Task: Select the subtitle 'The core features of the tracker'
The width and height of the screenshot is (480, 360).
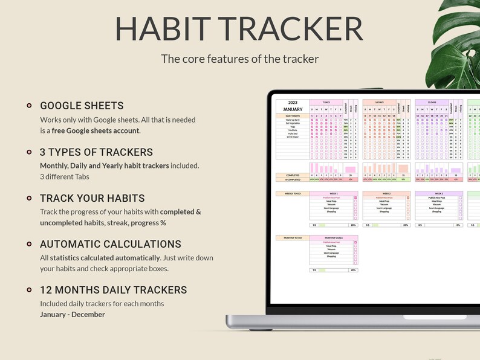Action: click(239, 59)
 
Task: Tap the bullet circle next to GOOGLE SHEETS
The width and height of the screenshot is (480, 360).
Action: click(29, 106)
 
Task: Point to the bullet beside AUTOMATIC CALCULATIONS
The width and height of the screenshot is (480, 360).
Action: click(29, 244)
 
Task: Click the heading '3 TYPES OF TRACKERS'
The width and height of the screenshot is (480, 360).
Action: click(96, 152)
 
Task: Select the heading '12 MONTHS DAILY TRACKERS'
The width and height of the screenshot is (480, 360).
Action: click(113, 290)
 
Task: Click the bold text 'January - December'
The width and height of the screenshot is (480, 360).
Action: click(73, 314)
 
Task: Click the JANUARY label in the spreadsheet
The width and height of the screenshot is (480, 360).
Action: click(293, 109)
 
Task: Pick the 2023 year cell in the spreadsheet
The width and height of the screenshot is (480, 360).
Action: click(293, 103)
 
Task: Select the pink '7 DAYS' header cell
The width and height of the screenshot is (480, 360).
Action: click(326, 103)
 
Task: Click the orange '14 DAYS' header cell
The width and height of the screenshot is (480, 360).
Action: click(378, 103)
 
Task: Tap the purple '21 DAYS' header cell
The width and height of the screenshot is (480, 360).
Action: click(431, 103)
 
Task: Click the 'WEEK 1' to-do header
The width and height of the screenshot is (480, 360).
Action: click(334, 193)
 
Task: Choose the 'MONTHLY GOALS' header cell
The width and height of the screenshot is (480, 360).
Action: click(334, 238)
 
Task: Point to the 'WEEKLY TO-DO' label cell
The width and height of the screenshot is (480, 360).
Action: click(293, 193)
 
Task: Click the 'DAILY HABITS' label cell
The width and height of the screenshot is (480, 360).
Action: click(293, 115)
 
